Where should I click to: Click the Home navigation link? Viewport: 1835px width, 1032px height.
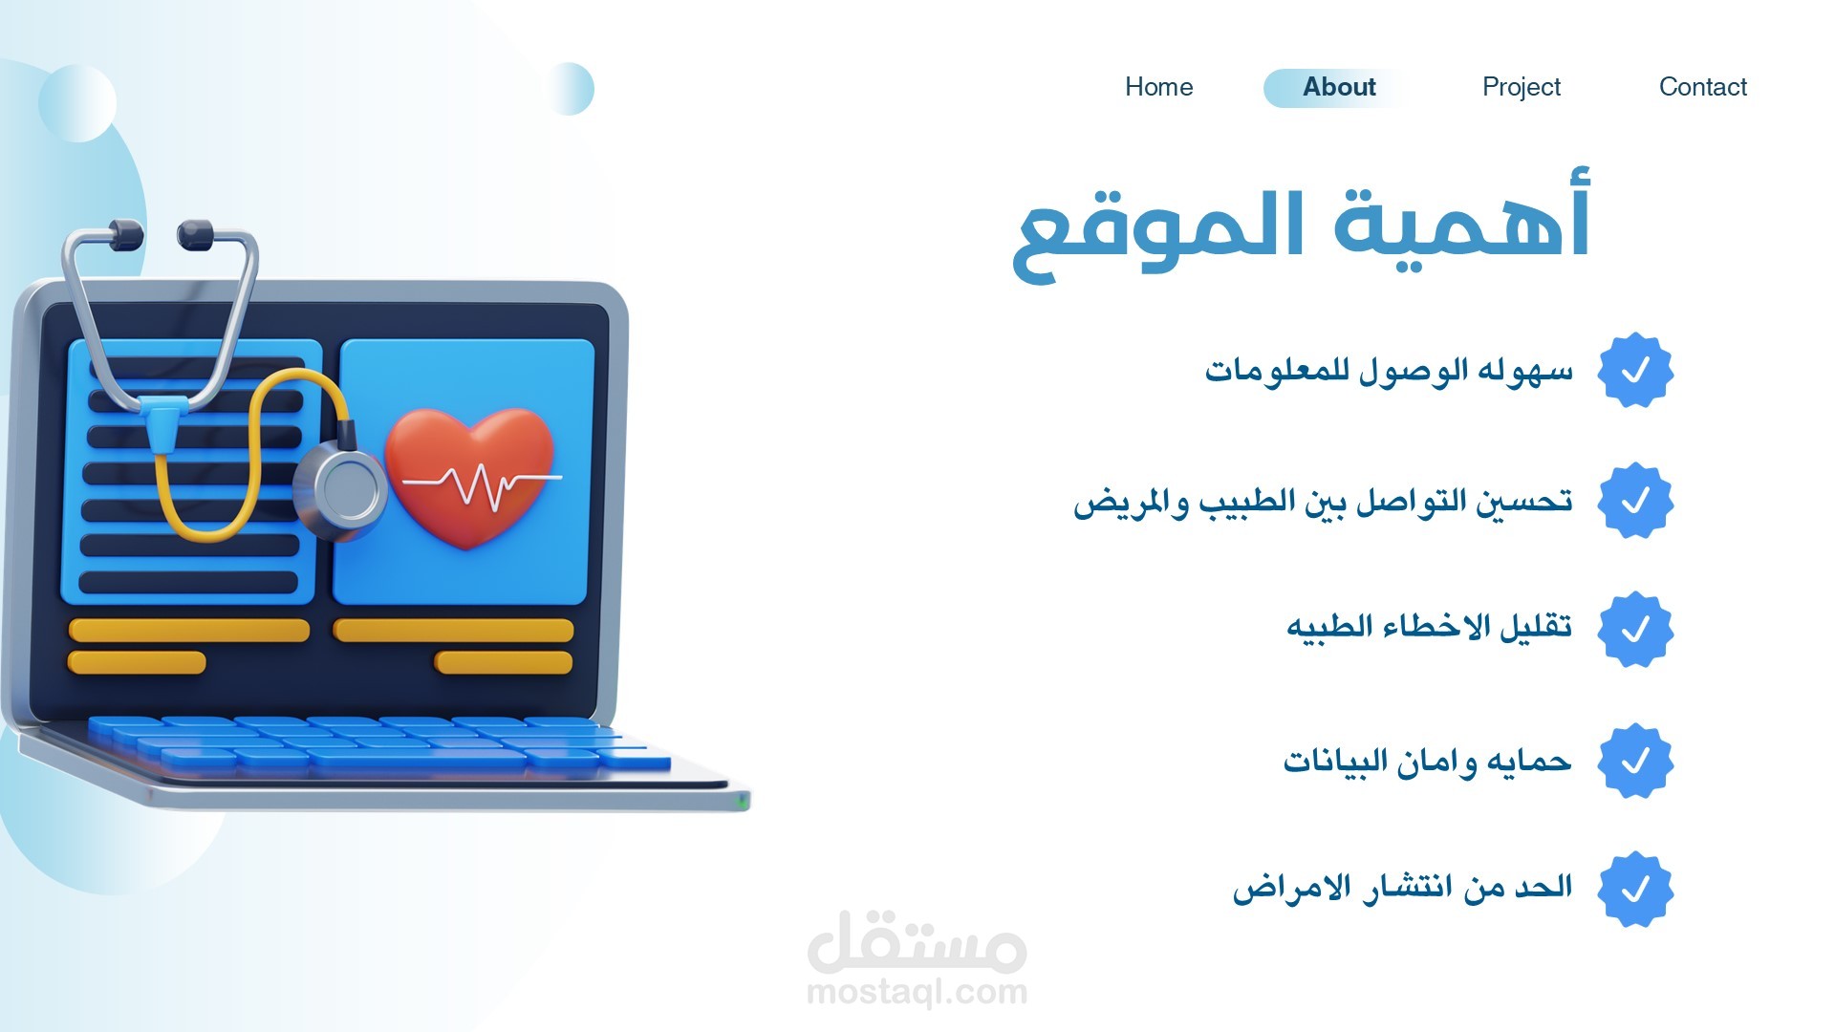pyautogui.click(x=1158, y=87)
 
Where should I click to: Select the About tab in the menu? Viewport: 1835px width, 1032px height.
pyautogui.click(x=1339, y=88)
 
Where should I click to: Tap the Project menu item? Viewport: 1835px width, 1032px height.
pyautogui.click(x=1521, y=88)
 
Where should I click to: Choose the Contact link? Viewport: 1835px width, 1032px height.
pyautogui.click(x=1702, y=87)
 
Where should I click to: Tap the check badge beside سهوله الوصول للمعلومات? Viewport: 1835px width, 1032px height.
pyautogui.click(x=1635, y=370)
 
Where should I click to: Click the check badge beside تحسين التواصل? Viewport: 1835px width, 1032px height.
pyautogui.click(x=1635, y=501)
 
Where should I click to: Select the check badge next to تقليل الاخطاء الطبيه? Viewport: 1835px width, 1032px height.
pyautogui.click(x=1635, y=629)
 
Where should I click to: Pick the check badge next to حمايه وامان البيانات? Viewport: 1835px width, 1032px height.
pyautogui.click(x=1635, y=761)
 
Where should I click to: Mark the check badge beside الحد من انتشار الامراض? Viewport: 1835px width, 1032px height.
pyautogui.click(x=1635, y=889)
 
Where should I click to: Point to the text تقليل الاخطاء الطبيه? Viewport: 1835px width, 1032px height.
pyautogui.click(x=1429, y=628)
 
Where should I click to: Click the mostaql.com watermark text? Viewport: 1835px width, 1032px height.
pyautogui.click(x=917, y=992)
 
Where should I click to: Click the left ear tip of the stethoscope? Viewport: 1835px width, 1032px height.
pyautogui.click(x=124, y=234)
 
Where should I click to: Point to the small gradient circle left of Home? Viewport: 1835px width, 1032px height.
pyautogui.click(x=569, y=89)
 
